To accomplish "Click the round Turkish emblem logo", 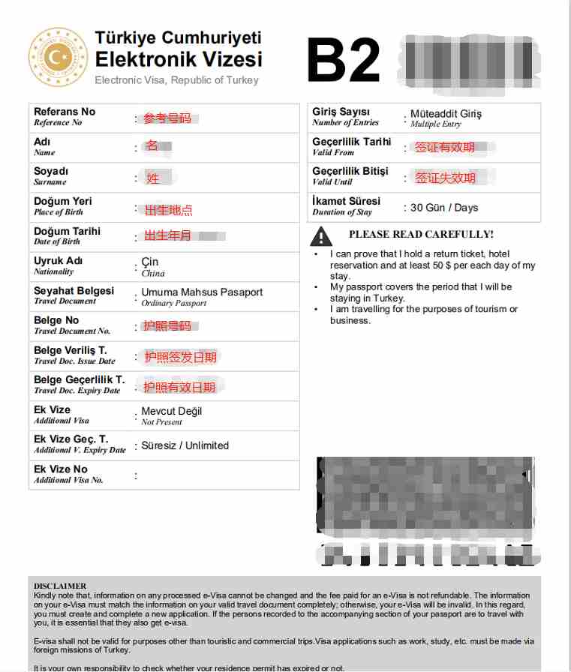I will click(x=58, y=57).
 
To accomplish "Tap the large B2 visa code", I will click(x=343, y=61).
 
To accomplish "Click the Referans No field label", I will click(x=65, y=112).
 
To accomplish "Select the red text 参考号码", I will click(x=167, y=118).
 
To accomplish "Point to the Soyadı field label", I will click(x=51, y=172).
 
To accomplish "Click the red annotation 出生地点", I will click(x=168, y=210).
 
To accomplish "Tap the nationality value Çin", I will click(x=150, y=262).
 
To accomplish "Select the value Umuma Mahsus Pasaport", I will click(x=202, y=292).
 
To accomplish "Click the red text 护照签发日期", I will click(x=180, y=357).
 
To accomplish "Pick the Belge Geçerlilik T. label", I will click(x=80, y=379).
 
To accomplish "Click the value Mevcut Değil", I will click(x=171, y=411).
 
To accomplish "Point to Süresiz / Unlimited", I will click(x=185, y=445).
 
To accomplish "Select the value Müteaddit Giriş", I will click(x=446, y=114).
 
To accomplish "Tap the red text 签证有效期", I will click(x=445, y=148).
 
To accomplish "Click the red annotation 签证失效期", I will click(x=446, y=178).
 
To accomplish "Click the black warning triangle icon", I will click(x=321, y=236).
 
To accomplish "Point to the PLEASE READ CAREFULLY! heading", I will click(x=421, y=234).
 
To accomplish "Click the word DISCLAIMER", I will click(x=60, y=586).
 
